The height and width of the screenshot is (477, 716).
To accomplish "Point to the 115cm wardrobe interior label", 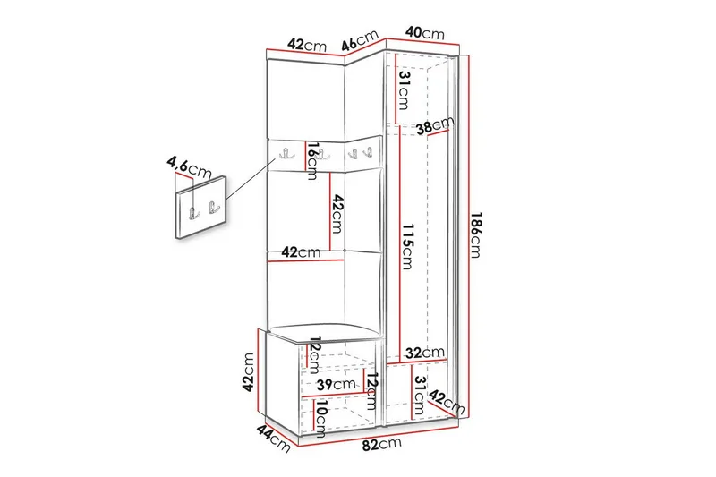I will point(407,244).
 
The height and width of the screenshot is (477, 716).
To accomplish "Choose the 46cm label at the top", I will point(361,41).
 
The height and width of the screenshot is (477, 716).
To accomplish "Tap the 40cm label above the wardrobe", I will point(424,33).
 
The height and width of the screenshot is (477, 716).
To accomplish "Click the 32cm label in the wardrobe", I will point(423,352).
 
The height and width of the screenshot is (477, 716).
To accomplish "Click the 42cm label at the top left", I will point(305,45).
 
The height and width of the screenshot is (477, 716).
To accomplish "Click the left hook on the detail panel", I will point(192,212).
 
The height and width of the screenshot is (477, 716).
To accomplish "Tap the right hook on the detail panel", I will point(212,209).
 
